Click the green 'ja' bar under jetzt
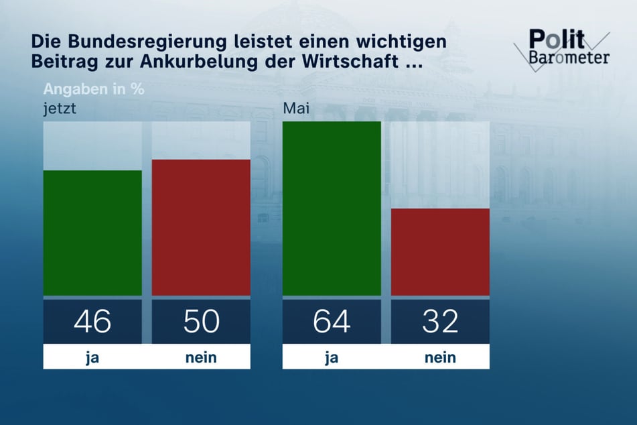pos(92,233)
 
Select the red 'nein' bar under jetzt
pos(201,227)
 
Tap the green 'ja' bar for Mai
pos(332,208)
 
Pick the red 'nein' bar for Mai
pos(440,252)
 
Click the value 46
pos(92,322)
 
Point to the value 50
pos(201,322)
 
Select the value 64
pos(332,322)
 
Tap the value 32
pos(440,322)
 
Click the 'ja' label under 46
pos(92,357)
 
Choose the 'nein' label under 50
pos(201,357)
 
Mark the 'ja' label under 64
pos(332,357)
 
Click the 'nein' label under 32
pos(440,357)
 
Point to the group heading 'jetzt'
pos(58,109)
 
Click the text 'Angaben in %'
pos(94,90)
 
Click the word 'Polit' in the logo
pos(556,38)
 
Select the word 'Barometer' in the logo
pos(569,57)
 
